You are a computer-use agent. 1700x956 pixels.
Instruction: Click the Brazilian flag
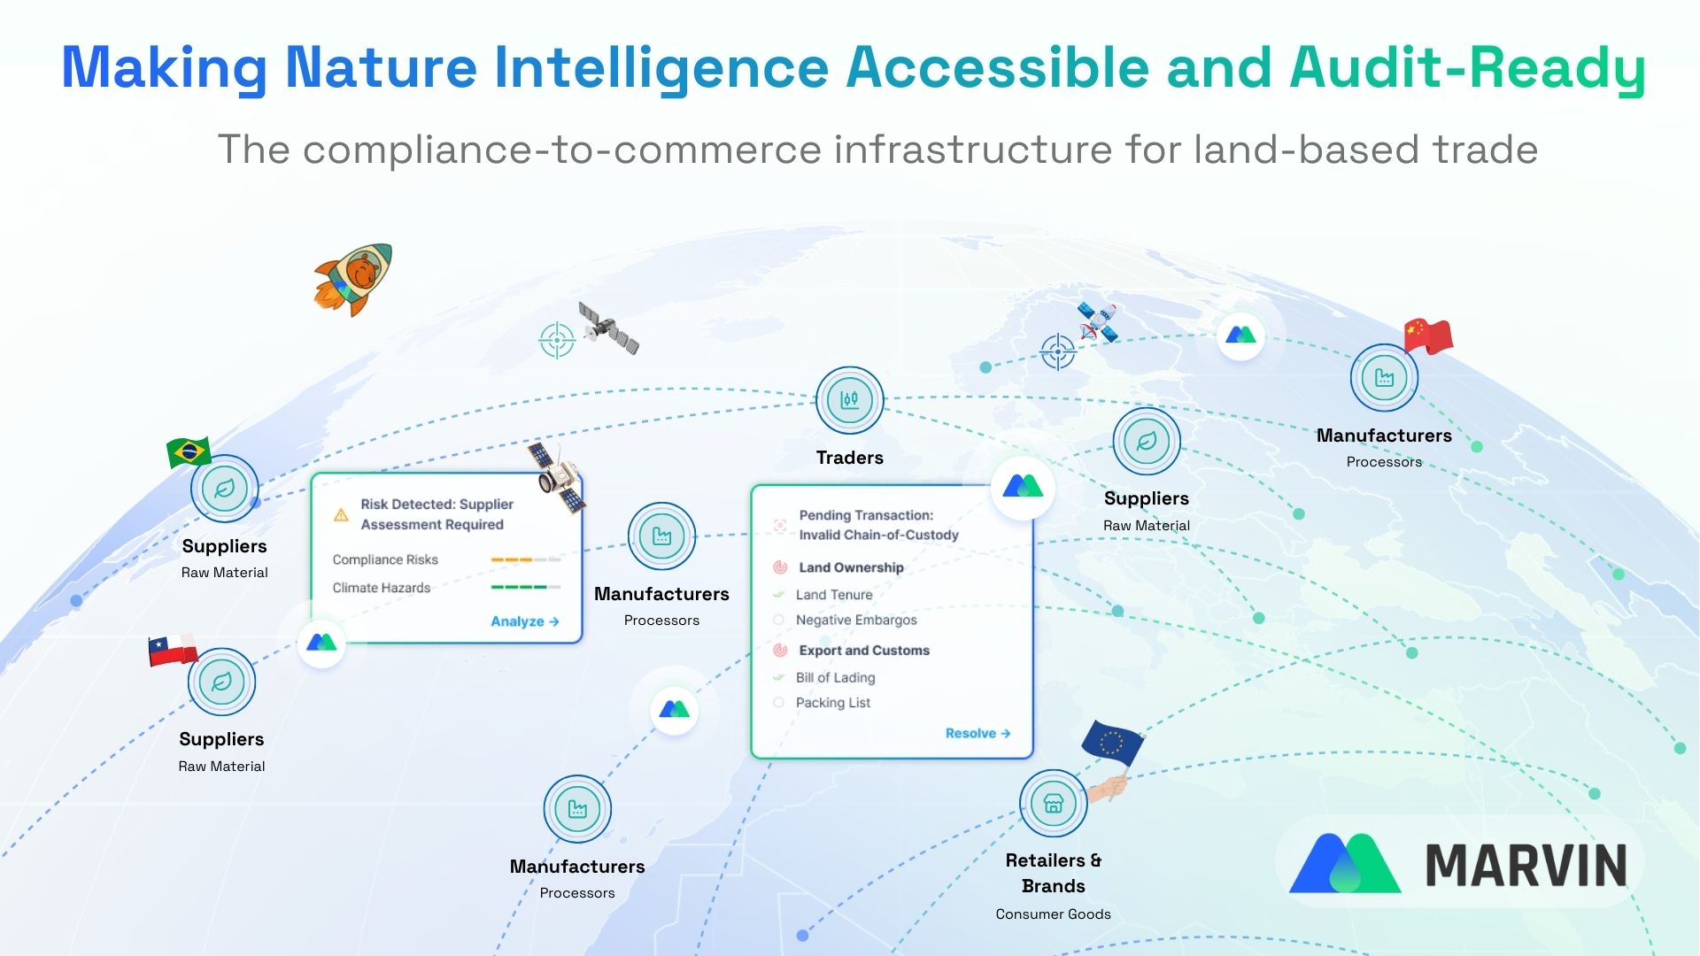click(x=189, y=452)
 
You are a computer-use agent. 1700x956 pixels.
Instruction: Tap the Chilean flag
click(x=173, y=650)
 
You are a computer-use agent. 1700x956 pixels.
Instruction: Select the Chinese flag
click(x=1427, y=336)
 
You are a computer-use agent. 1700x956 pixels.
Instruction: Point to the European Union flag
click(x=1112, y=744)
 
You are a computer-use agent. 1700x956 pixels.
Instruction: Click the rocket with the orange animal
click(x=353, y=279)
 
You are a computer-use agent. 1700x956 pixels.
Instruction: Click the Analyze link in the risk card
click(x=524, y=621)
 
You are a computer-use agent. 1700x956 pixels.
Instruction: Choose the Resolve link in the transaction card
click(x=977, y=733)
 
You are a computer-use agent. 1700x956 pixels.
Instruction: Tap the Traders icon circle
click(x=849, y=400)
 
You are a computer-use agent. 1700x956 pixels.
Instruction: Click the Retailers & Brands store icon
click(x=1053, y=803)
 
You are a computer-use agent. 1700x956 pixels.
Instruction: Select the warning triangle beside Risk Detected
click(x=341, y=515)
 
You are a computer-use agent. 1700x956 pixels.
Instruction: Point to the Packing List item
click(x=832, y=703)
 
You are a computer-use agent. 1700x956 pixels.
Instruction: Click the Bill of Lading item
click(x=835, y=677)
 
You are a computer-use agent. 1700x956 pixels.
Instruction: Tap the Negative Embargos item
click(x=855, y=620)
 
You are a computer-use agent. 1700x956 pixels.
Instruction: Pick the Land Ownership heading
click(x=851, y=567)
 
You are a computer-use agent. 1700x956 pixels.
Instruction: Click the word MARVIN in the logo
click(x=1526, y=865)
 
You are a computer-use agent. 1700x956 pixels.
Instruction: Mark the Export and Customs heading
click(x=863, y=651)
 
